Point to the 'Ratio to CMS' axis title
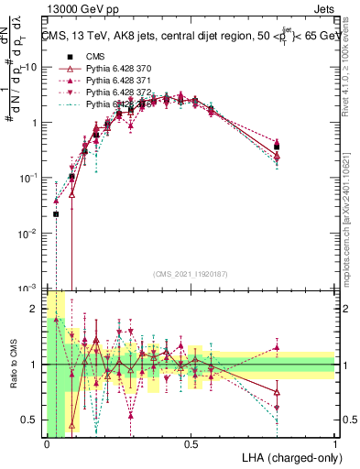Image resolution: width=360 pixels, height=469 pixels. [11, 372]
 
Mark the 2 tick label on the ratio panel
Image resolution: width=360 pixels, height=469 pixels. [35, 309]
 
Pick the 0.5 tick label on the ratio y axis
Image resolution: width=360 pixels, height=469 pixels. [30, 420]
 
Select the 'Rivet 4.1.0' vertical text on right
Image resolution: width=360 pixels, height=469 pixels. [352, 73]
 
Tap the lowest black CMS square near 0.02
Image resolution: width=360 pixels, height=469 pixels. [56, 214]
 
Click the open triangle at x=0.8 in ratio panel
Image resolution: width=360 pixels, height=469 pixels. [277, 391]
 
